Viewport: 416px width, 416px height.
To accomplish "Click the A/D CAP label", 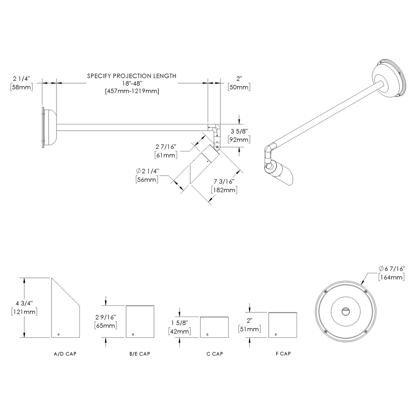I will [x=65, y=354].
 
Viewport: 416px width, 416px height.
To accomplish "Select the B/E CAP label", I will [x=139, y=354].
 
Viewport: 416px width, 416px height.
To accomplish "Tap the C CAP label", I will [x=215, y=354].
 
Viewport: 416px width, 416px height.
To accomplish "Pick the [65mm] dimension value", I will [x=106, y=325].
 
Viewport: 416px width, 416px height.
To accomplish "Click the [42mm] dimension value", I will [x=179, y=332].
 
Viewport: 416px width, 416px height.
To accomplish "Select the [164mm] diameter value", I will [x=391, y=277].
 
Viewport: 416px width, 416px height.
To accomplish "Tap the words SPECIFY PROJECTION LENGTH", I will [x=131, y=76].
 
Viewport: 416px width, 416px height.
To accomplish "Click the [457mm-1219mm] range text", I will [x=131, y=91].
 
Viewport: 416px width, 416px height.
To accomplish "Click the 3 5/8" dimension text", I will [x=239, y=131].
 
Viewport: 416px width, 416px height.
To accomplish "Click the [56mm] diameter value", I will [x=146, y=179].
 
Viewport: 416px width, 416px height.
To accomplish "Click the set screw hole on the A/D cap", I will [x=59, y=334].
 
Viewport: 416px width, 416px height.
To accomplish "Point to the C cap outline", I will [x=215, y=327].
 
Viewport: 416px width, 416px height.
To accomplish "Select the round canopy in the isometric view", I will [x=389, y=79].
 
